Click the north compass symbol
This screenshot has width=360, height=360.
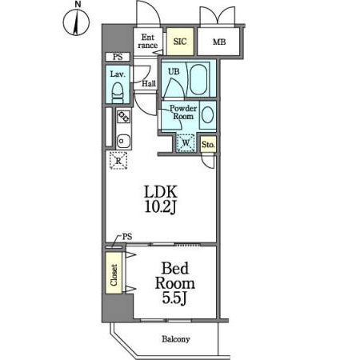[76, 22]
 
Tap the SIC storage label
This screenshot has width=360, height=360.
[180, 42]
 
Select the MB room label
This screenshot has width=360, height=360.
[219, 42]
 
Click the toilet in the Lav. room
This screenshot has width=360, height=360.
[118, 92]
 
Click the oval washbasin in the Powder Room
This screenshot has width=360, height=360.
[207, 115]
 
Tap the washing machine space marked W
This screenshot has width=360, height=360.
[186, 142]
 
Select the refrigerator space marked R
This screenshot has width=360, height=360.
[118, 161]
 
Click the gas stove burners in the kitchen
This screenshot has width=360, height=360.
[124, 117]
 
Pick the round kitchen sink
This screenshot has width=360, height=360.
[124, 141]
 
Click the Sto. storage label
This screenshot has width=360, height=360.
[208, 145]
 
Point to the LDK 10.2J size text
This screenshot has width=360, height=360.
[161, 199]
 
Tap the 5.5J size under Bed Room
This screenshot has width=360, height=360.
[174, 298]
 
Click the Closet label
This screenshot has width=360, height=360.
[114, 275]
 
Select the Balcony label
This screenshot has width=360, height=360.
[176, 339]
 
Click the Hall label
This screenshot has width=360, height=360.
[149, 84]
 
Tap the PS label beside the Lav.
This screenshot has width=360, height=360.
[118, 57]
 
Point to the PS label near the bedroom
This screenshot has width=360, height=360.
[127, 237]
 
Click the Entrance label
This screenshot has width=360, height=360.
[148, 41]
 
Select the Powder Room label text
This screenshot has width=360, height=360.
[183, 112]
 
